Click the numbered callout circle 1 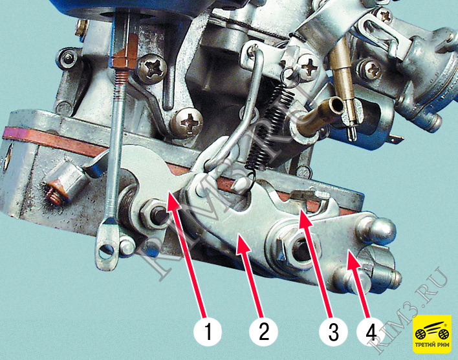click(208, 332)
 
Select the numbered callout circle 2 click(263, 332)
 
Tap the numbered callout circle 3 click(333, 332)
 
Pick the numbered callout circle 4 click(370, 332)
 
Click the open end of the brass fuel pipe click(336, 105)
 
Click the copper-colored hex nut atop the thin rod click(125, 58)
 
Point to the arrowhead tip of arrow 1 click(168, 191)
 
